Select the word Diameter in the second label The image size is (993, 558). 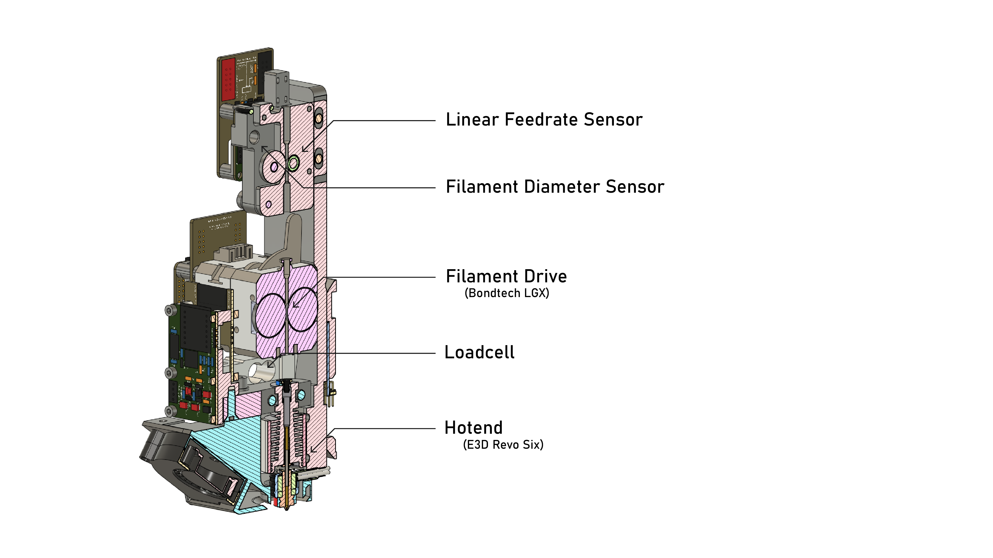tap(564, 187)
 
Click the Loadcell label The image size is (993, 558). tap(479, 352)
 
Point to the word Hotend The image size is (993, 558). tap(473, 428)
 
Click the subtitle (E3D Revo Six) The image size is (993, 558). tap(503, 445)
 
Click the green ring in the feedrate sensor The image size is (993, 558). tap(293, 163)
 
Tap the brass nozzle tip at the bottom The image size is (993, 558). tap(287, 508)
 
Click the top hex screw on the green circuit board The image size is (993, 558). tap(169, 310)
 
